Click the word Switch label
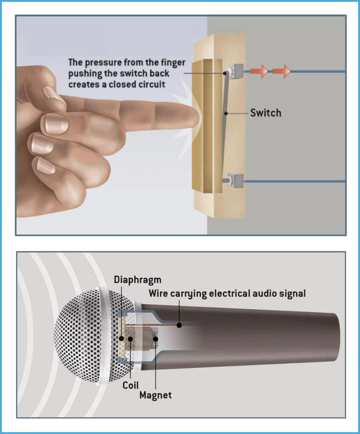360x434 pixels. tap(265, 113)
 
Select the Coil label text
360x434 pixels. tap(130, 385)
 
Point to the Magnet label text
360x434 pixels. tap(155, 395)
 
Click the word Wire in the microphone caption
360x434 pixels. tap(158, 294)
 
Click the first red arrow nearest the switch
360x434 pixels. tap(259, 71)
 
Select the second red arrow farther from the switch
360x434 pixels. tap(282, 71)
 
